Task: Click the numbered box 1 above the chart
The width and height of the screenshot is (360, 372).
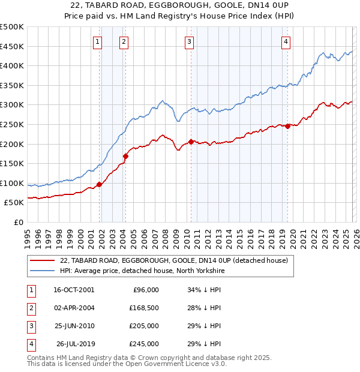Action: point(97,41)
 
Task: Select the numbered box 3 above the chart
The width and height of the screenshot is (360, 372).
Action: point(189,41)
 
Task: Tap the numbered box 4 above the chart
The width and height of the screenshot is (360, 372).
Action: point(286,41)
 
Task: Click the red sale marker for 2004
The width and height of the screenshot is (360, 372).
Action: point(125,156)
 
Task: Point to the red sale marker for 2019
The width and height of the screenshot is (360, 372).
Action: point(288,126)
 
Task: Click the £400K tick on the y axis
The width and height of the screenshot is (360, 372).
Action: point(11,65)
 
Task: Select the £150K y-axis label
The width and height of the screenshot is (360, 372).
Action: point(11,163)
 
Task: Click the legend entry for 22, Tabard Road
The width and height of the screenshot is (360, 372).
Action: point(174,260)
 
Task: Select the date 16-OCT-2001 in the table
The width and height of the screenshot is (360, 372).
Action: point(74,290)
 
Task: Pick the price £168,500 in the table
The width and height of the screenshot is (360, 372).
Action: point(143,308)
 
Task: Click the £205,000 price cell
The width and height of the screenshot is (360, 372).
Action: point(143,326)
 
